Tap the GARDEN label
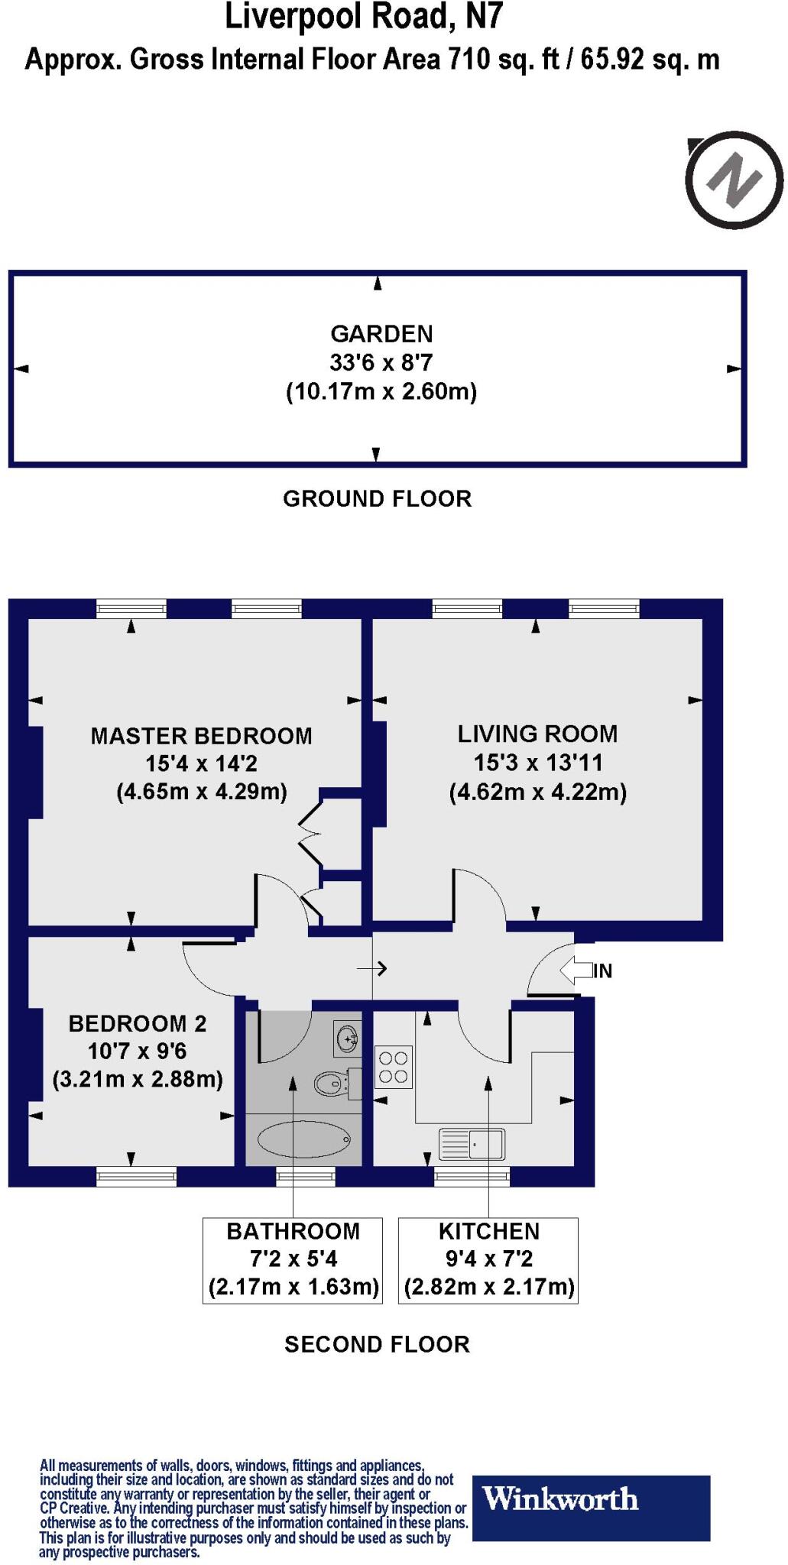coord(381,334)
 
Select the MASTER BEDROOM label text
coord(201,736)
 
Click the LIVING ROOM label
coord(537,734)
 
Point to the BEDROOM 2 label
coord(138,1023)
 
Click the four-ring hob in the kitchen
coord(394,1068)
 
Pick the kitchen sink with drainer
coord(472,1144)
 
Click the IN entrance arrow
coord(577,970)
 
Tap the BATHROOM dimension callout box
coord(293,1259)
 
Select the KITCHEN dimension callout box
coord(488,1259)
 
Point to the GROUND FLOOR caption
coord(377,499)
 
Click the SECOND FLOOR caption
coord(377,1344)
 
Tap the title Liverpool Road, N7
coord(364,17)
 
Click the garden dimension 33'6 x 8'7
coord(381,362)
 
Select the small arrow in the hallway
coord(372,969)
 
